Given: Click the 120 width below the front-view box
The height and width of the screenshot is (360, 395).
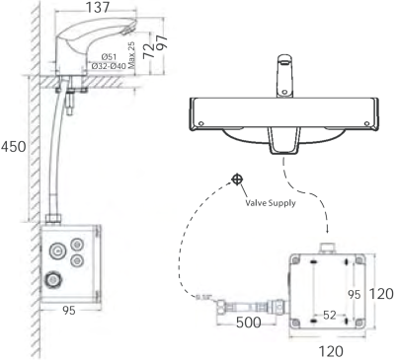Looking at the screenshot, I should point(330,349).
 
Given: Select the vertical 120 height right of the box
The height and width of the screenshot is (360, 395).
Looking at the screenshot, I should point(383,293).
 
